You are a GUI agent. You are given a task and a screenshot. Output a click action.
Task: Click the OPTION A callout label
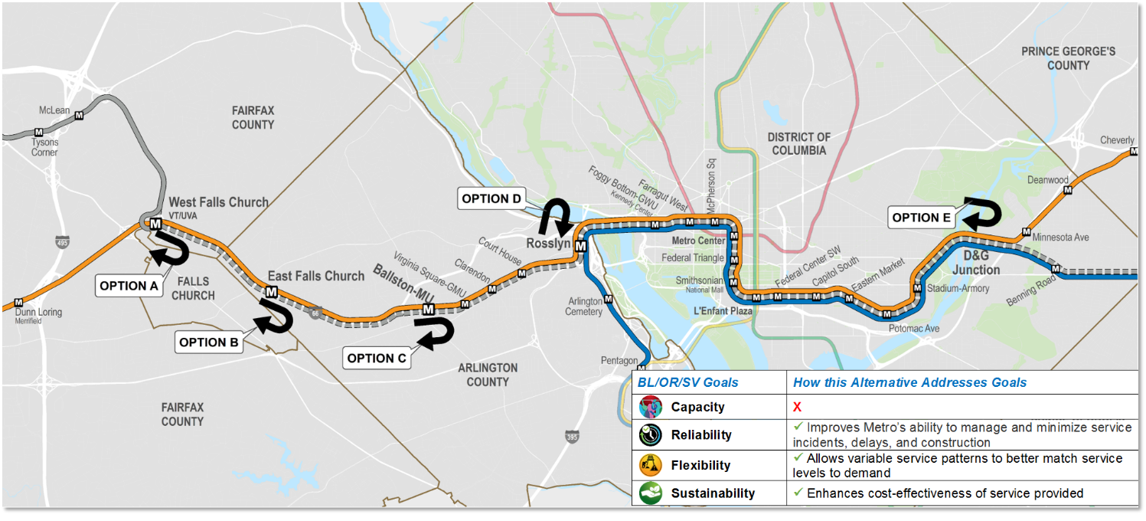pos(129,286)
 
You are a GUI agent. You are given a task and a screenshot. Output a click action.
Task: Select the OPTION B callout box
pos(208,342)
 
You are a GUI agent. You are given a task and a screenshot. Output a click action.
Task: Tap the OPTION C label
pos(376,358)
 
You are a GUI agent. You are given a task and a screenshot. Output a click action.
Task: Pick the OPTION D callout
pos(491,199)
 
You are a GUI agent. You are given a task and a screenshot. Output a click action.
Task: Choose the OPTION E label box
pos(921,218)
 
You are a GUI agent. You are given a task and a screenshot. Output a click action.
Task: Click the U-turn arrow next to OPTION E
pos(981,212)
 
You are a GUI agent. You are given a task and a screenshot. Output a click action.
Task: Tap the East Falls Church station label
pos(315,276)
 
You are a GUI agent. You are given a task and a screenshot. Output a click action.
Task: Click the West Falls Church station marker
pos(155,224)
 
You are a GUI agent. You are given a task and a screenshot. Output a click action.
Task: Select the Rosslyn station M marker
pos(580,246)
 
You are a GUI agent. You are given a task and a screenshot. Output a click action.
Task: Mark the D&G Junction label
pos(976,264)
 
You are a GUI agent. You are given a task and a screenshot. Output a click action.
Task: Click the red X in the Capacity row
pos(797,407)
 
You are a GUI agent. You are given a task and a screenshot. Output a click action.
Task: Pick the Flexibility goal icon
pos(650,465)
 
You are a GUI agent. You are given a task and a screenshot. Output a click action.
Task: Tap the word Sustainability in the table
pos(713,493)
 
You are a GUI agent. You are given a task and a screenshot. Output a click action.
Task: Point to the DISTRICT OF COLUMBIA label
pos(798,143)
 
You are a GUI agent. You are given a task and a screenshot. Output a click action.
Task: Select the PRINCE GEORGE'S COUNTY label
pos(1068,58)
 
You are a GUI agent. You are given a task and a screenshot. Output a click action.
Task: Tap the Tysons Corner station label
pos(44,147)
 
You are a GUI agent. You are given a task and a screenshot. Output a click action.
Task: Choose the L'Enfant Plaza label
pos(723,312)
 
